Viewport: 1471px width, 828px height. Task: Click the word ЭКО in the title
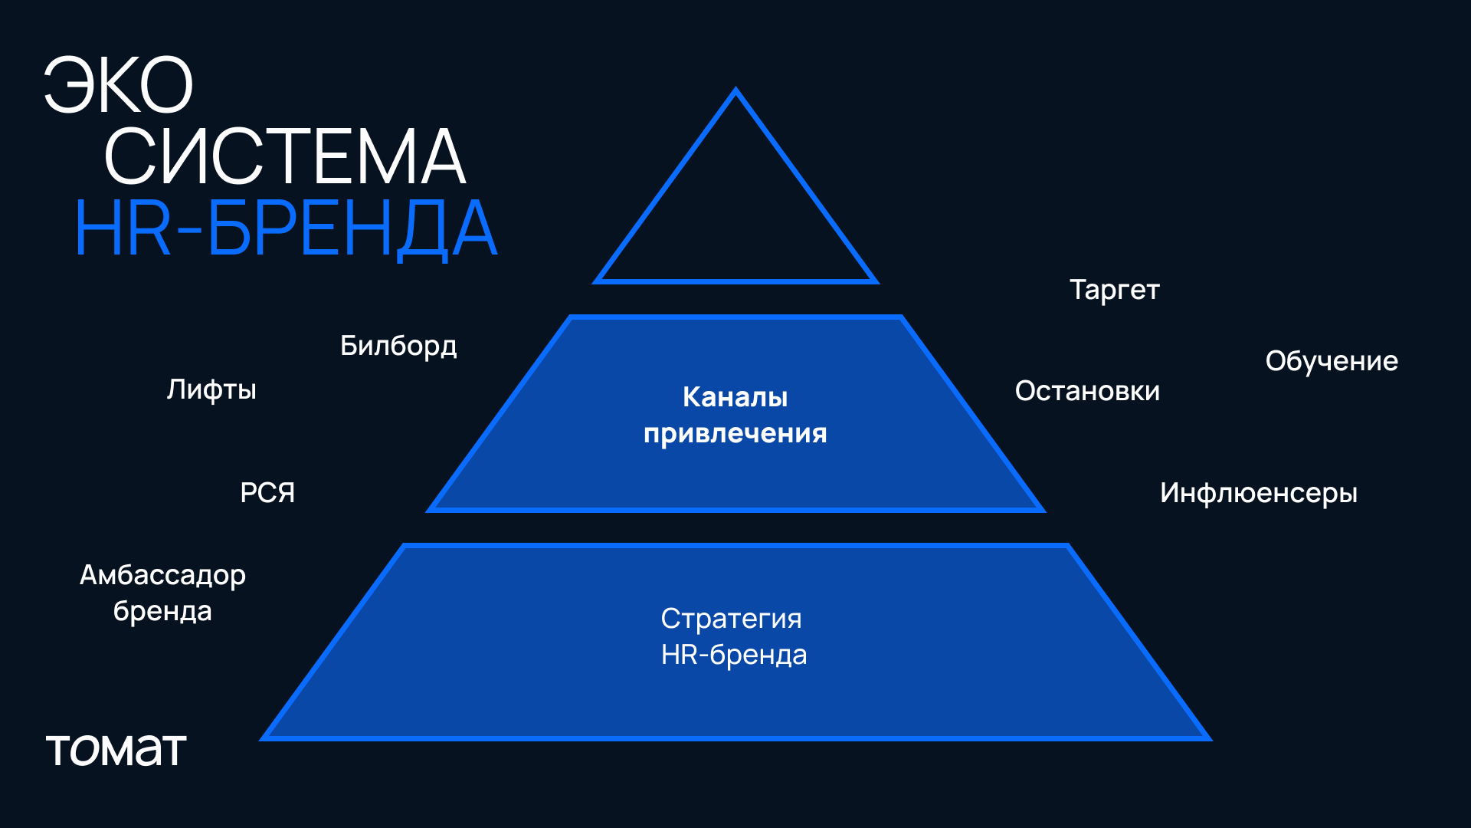click(x=119, y=86)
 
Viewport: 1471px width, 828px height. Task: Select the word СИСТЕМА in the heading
click(x=284, y=157)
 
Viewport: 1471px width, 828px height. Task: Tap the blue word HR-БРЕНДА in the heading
click(x=286, y=228)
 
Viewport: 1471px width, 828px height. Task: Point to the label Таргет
click(x=1114, y=290)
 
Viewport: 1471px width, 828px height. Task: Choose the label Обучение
click(x=1332, y=361)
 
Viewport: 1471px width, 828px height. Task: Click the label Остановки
click(x=1087, y=391)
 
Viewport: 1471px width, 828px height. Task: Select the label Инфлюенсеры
click(x=1258, y=493)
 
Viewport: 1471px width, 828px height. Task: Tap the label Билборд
click(x=398, y=347)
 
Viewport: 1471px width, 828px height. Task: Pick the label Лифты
click(x=211, y=389)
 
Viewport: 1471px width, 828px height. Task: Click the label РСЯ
click(x=267, y=492)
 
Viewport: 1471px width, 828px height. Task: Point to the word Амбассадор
click(x=162, y=575)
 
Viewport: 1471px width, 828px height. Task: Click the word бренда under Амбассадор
click(x=162, y=611)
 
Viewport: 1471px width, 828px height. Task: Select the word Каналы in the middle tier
click(x=735, y=397)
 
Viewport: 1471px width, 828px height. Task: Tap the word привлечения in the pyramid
click(x=735, y=434)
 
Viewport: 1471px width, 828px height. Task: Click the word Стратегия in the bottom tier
click(x=731, y=619)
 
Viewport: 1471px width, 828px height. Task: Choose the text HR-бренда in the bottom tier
click(x=733, y=655)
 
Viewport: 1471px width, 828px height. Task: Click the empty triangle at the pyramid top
click(x=735, y=222)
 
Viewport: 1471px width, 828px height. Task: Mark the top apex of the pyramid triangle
click(x=735, y=90)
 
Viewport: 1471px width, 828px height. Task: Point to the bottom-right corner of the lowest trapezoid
click(x=1208, y=739)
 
